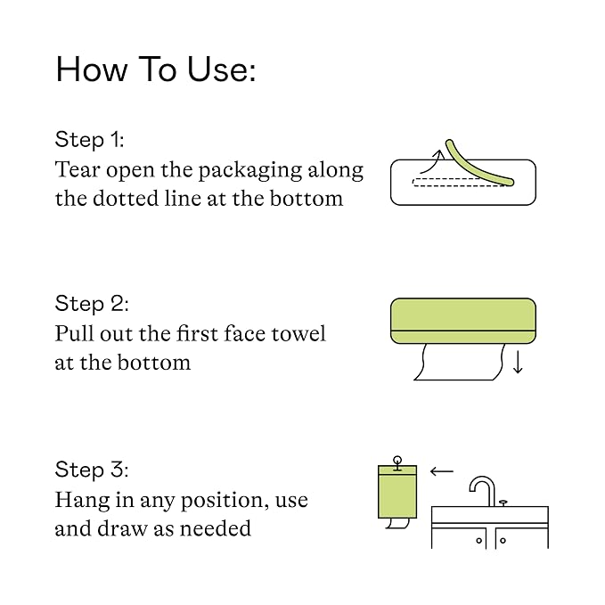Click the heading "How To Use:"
pyautogui.click(x=156, y=69)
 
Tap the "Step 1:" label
pyautogui.click(x=89, y=139)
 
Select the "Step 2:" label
pyautogui.click(x=92, y=303)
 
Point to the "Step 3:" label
pyautogui.click(x=92, y=470)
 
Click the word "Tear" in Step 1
pyautogui.click(x=78, y=170)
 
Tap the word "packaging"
pyautogui.click(x=249, y=171)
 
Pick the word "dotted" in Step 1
pyautogui.click(x=126, y=199)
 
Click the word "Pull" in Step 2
pyautogui.click(x=75, y=333)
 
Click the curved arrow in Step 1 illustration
pyautogui.click(x=433, y=161)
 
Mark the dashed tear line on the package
pyautogui.click(x=459, y=182)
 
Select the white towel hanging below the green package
pyautogui.click(x=459, y=362)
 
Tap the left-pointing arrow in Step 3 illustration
pyautogui.click(x=442, y=471)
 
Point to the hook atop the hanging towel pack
pyautogui.click(x=397, y=463)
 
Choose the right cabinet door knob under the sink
pyautogui.click(x=503, y=541)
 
